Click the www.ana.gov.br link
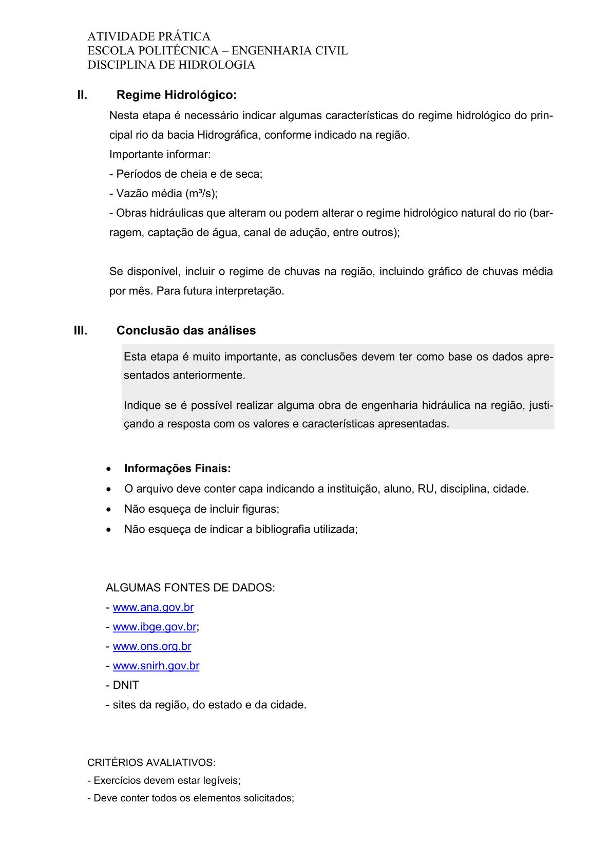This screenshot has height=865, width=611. click(153, 607)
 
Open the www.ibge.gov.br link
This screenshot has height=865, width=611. click(154, 627)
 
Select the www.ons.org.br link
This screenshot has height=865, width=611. click(152, 646)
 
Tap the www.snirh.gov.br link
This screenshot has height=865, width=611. click(156, 666)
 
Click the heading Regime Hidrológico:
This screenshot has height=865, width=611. click(176, 95)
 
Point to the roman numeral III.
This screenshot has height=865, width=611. click(81, 330)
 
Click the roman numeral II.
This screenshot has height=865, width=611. click(82, 95)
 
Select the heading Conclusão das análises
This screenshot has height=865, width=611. click(186, 330)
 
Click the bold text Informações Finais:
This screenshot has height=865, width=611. click(178, 468)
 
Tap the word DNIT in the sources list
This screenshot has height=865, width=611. click(126, 685)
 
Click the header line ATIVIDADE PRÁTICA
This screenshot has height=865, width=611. click(149, 36)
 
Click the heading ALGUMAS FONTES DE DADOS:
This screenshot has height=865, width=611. click(190, 588)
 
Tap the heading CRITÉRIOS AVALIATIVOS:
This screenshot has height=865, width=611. click(151, 762)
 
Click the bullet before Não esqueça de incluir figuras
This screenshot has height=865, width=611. click(108, 510)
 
